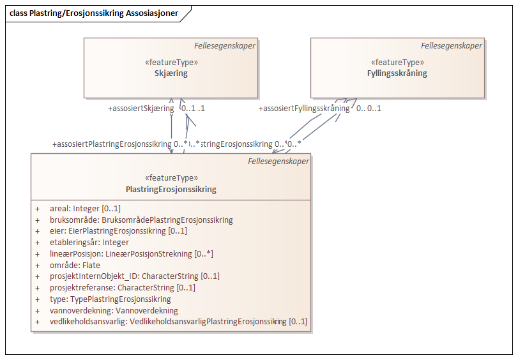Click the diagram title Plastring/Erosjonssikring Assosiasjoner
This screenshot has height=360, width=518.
coord(93,13)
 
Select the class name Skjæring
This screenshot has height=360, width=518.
coord(171,73)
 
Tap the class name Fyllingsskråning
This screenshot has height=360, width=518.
coord(397,73)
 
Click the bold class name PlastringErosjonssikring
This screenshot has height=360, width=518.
coord(171,190)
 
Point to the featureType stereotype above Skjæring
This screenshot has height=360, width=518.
coord(171,63)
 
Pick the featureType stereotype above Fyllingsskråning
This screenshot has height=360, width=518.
coord(397,63)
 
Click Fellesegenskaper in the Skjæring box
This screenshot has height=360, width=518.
coord(225,46)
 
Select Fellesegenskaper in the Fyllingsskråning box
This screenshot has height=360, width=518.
coord(452,46)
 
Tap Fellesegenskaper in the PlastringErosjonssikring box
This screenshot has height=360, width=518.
coord(278,161)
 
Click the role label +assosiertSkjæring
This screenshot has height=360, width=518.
coord(141,109)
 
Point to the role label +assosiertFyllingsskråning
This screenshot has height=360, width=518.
coord(304,109)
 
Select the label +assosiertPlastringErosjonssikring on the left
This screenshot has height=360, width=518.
coord(112,144)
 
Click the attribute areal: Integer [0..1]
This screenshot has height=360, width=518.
coord(85,209)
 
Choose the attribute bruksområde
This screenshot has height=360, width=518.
coord(141,220)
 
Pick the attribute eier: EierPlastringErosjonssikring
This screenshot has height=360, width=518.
coord(118,231)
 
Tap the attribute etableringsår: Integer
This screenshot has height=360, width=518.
coord(89,243)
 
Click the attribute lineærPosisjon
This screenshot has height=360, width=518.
coord(131,254)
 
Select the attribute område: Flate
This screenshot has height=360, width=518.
coord(75,265)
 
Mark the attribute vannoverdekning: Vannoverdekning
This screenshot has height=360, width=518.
coord(113,311)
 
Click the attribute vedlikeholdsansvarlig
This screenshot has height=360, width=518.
coord(178,322)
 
